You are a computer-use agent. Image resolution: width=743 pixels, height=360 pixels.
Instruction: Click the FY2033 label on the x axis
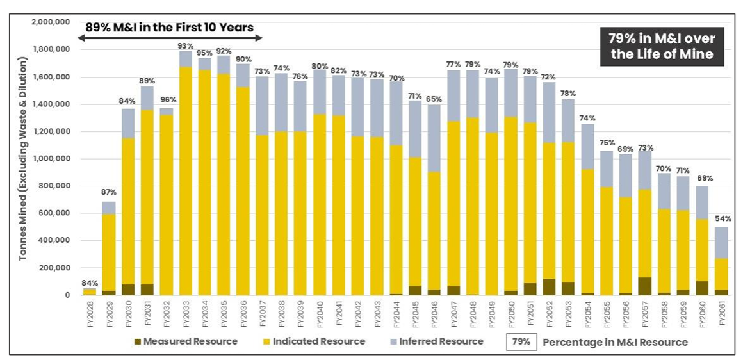[x=186, y=313]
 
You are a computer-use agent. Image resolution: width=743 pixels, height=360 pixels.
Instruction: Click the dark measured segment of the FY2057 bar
[x=644, y=286]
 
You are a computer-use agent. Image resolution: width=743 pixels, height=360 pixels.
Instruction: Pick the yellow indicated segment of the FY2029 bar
[x=109, y=252]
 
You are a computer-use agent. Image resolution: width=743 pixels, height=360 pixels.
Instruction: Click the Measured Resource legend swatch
[x=138, y=341]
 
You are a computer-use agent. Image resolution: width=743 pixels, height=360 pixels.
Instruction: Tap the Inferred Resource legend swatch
[x=394, y=341]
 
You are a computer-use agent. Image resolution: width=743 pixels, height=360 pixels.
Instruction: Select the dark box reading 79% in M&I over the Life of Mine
[x=662, y=46]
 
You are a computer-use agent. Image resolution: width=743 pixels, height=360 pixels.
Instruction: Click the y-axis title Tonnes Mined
[x=23, y=159]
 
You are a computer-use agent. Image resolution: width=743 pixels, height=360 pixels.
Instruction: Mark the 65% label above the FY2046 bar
[x=434, y=99]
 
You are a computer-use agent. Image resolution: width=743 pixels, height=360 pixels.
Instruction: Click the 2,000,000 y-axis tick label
[x=52, y=22]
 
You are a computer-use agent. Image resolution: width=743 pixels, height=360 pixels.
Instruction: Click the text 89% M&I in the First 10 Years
[x=169, y=27]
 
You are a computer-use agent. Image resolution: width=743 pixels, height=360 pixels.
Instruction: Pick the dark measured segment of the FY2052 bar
[x=549, y=287]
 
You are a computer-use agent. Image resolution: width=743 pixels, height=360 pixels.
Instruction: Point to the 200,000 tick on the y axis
[x=56, y=268]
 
